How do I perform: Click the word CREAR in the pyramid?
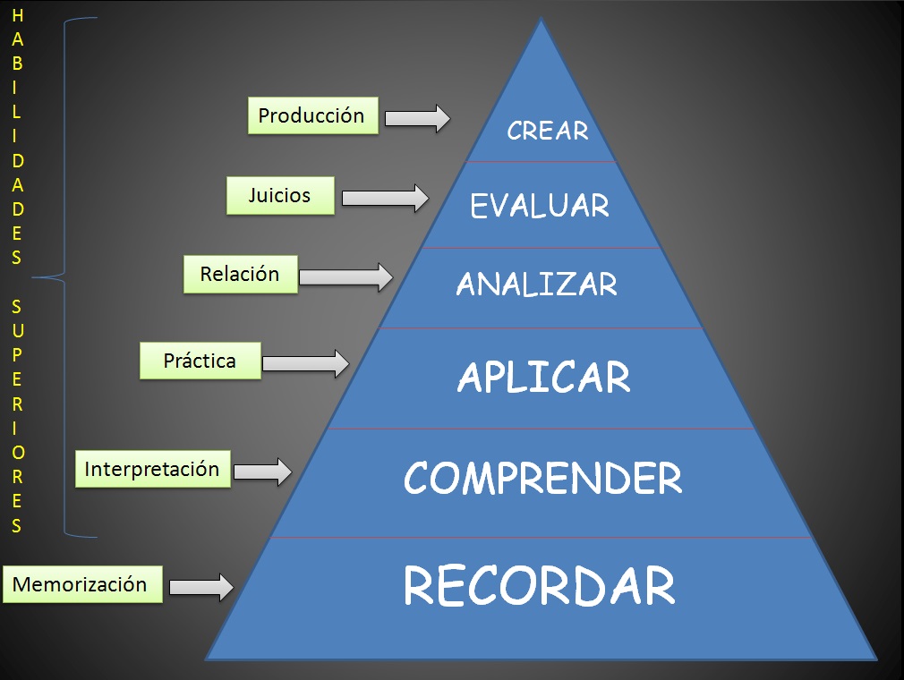(547, 131)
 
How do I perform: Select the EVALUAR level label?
(540, 206)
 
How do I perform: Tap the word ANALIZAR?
(537, 285)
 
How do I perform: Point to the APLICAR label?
(543, 378)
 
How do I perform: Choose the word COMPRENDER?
(542, 479)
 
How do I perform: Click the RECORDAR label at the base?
(540, 586)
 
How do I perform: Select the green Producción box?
(312, 115)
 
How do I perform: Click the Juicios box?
(280, 195)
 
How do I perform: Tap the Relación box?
(240, 274)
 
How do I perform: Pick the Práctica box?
(200, 361)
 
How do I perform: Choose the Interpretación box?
(152, 469)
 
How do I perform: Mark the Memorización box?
(81, 584)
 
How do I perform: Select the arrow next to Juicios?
(385, 198)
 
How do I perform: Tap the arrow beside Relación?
(345, 276)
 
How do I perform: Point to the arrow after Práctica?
(304, 362)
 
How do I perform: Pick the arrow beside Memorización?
(200, 587)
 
